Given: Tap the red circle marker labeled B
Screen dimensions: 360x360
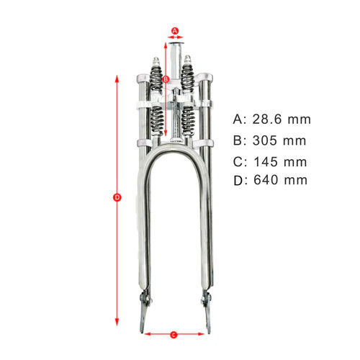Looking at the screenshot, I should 166,78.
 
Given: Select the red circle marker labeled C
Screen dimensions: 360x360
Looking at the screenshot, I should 174,334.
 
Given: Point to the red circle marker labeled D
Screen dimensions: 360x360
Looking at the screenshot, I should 117,197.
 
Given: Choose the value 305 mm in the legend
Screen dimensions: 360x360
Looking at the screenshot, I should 281,140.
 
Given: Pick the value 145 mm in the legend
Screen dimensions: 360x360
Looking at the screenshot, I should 281,161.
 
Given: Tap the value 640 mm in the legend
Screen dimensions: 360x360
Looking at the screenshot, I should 282,180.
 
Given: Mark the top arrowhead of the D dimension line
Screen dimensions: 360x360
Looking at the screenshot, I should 117,76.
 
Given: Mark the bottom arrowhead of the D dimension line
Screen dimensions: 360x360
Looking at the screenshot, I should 117,324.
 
